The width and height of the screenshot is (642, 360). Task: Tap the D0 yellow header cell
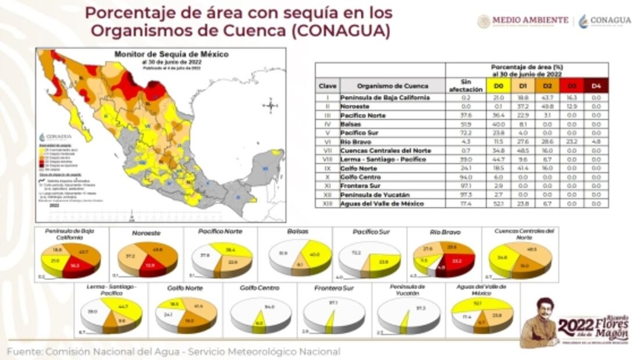(498, 86)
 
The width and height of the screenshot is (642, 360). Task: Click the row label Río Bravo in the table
(355, 141)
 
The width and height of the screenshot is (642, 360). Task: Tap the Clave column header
(327, 86)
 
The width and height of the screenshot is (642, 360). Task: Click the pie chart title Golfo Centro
(259, 288)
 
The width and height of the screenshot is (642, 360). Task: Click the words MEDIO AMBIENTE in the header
(530, 20)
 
